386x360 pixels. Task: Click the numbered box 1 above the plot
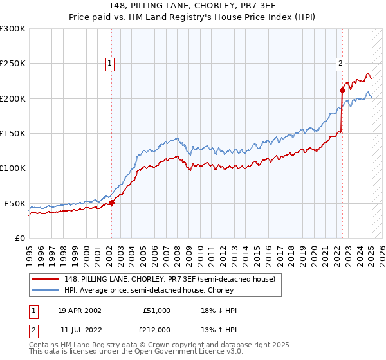coord(111,63)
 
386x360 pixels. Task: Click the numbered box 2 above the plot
coord(340,63)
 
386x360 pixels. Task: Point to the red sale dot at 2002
coord(111,203)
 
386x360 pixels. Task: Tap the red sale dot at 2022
coord(342,91)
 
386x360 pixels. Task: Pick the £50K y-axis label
coord(15,203)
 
